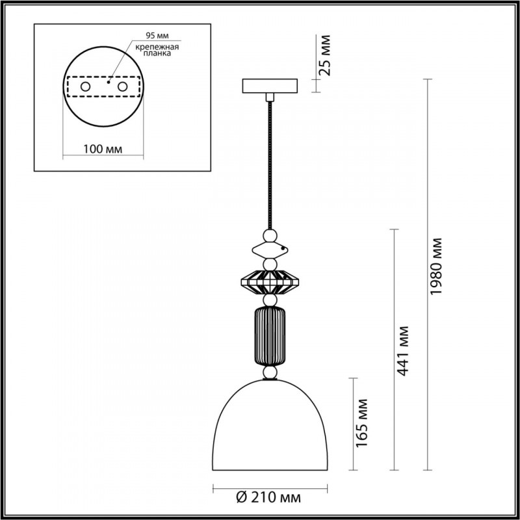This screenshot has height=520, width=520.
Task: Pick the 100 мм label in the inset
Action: [104, 149]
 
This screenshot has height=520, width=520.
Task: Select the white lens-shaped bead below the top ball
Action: [269, 250]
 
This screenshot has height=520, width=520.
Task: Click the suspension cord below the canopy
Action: [269, 162]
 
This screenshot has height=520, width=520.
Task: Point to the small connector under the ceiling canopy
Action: [269, 97]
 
